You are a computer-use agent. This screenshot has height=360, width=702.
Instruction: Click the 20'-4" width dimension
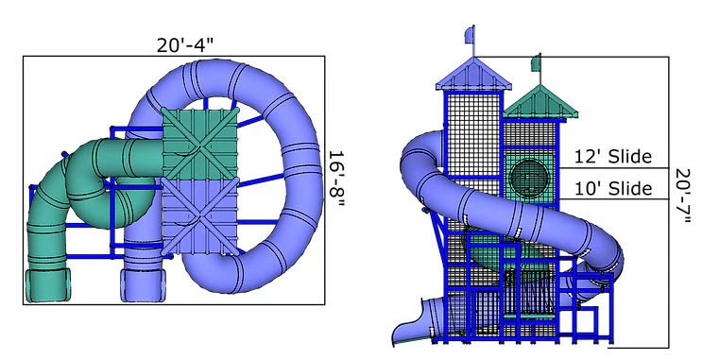185,45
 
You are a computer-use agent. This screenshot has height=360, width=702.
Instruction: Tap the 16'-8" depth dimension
336,179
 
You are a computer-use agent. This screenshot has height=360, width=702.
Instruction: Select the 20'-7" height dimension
683,197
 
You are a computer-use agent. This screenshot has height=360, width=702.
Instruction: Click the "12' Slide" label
613,157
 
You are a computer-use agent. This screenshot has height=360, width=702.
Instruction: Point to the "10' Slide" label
613,189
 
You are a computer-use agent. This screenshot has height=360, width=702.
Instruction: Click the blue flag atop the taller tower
470,35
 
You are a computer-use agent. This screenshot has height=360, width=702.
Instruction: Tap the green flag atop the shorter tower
536,62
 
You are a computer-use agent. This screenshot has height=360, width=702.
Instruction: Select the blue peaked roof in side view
473,74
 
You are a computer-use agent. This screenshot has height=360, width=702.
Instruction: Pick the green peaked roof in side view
539,102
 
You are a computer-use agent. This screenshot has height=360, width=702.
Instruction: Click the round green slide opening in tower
530,179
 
